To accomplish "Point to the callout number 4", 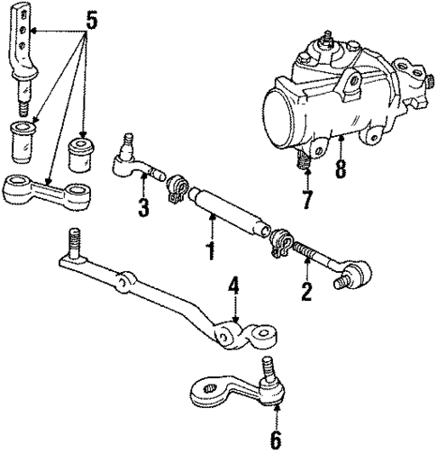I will click(233, 287).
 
